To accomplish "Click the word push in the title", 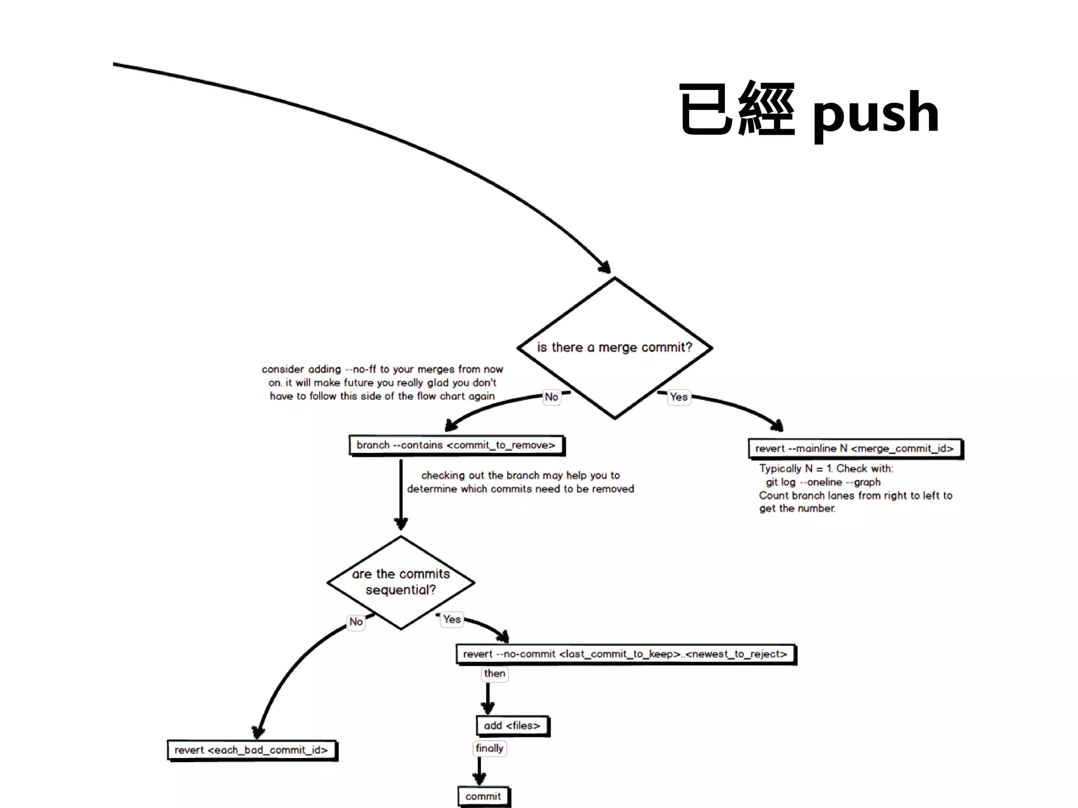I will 875,113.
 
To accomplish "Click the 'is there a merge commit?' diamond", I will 614,347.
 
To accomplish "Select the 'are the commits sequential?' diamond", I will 401,582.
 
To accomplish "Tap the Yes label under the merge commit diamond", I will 678,397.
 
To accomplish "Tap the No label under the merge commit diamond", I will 551,397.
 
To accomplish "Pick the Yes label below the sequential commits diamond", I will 452,619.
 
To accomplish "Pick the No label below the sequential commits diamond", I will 356,622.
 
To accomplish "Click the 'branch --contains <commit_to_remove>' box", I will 456,445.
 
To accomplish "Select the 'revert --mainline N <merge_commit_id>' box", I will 854,448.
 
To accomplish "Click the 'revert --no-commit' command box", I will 625,654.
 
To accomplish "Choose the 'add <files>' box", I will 512,726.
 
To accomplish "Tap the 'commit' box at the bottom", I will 483,796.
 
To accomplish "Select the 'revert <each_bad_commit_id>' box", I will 251,750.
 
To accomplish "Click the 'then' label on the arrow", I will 494,674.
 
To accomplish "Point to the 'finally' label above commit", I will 490,749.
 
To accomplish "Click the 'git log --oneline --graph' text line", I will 823,482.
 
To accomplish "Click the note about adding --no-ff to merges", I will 382,383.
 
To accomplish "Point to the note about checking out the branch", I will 520,482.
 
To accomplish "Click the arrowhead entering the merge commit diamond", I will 605,267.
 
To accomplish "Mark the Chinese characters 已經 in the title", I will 736,111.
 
